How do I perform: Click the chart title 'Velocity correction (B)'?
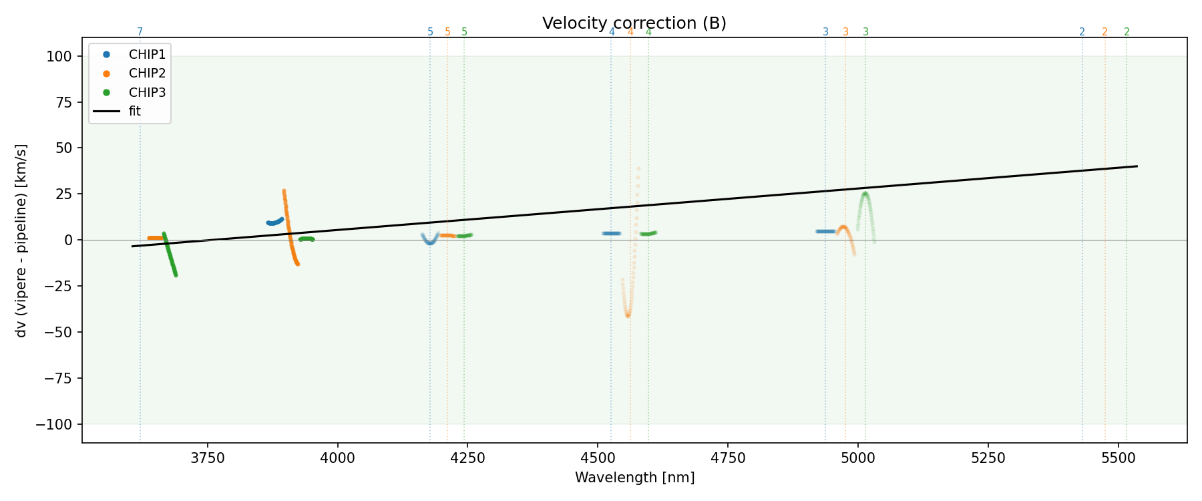coord(634,23)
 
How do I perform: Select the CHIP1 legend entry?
coord(147,55)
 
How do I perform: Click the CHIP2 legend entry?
coord(147,73)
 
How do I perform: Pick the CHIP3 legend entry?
coord(147,92)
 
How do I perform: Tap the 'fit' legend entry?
coord(135,112)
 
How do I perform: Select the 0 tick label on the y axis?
coord(68,240)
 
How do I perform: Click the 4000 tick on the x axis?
coord(338,458)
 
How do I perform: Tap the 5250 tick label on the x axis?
coord(988,458)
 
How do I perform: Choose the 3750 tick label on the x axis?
coord(208,458)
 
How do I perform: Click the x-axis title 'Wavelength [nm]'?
coord(634,478)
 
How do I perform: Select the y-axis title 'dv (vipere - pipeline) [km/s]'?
coord(21,240)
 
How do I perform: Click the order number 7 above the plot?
coord(140,32)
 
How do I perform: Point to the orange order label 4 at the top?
coord(630,32)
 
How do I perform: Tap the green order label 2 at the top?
coord(1127,32)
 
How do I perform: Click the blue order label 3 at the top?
coord(825,32)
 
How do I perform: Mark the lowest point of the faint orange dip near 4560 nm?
coord(628,315)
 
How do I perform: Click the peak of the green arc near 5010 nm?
coord(865,194)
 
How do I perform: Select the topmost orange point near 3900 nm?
coord(284,191)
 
